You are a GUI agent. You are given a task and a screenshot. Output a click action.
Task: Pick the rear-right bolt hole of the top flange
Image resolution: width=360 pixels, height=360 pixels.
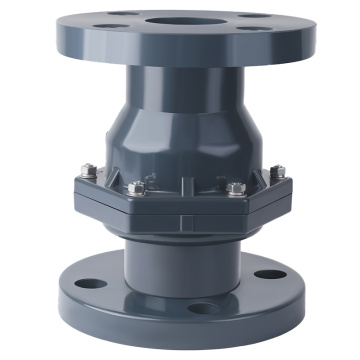tap(247, 15)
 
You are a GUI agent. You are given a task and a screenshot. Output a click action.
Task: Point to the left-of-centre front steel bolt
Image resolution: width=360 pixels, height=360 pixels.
tap(137, 187)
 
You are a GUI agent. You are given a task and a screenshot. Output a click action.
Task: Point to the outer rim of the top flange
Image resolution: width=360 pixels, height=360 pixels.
tap(181, 56)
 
